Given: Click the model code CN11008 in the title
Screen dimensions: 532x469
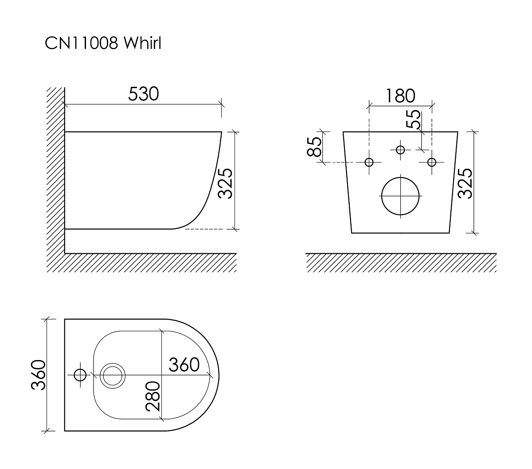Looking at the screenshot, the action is click(82, 43).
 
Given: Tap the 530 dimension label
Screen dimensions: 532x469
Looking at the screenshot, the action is click(143, 94).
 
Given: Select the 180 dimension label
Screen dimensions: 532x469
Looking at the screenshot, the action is click(400, 96).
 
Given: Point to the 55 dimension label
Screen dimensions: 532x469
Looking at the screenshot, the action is click(413, 119).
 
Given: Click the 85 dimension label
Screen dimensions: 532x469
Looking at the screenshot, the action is click(314, 147).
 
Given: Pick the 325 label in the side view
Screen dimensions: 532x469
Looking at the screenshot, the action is click(225, 183).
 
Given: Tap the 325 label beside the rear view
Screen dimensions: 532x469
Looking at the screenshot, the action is click(465, 183).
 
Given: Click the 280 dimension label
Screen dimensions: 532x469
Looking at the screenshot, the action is click(153, 396).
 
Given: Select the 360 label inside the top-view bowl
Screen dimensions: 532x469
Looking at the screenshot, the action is click(184, 365).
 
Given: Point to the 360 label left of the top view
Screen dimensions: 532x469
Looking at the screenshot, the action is click(38, 375).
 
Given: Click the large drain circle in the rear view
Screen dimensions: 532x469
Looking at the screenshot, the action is click(400, 196).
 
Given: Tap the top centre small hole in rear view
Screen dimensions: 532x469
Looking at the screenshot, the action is click(400, 150).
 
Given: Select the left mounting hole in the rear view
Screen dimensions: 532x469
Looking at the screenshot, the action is click(369, 162).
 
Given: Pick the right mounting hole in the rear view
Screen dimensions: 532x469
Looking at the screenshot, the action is click(432, 162).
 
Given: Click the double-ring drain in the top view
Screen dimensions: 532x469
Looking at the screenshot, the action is click(113, 376).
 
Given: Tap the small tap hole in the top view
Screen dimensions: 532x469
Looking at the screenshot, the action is click(80, 375).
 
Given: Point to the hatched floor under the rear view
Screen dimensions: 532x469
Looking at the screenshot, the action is click(401, 263).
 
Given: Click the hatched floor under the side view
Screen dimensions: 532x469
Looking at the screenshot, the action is click(150, 263).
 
